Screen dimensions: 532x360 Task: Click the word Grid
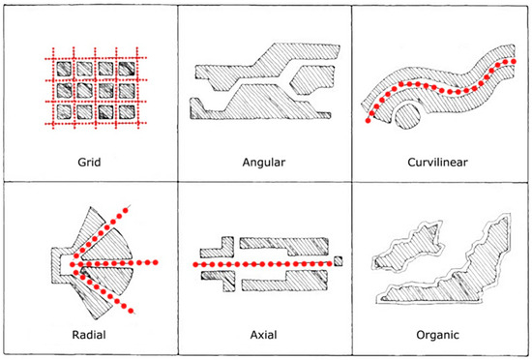[89, 163]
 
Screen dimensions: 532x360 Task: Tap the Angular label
[264, 163]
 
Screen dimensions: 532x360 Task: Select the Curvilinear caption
[437, 162]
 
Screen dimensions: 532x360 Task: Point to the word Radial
[89, 335]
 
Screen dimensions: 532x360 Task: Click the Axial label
[264, 335]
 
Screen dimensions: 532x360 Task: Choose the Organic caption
[437, 335]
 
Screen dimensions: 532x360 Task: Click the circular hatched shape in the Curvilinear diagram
[408, 117]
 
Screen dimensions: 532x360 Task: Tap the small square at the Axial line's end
[338, 261]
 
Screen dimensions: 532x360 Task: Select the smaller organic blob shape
[408, 248]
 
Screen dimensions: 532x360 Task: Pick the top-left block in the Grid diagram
[64, 70]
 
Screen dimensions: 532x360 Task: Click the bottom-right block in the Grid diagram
[127, 112]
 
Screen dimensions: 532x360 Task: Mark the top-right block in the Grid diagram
[127, 69]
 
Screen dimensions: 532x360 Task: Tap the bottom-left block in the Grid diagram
[64, 112]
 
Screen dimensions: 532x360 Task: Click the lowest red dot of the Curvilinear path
[369, 120]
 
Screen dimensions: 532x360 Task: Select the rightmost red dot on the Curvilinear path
[514, 61]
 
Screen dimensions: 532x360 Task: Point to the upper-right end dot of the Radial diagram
[125, 211]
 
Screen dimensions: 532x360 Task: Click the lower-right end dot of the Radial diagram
[131, 311]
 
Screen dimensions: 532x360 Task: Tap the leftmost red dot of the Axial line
[195, 264]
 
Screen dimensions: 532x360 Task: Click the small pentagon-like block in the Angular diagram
[311, 80]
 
